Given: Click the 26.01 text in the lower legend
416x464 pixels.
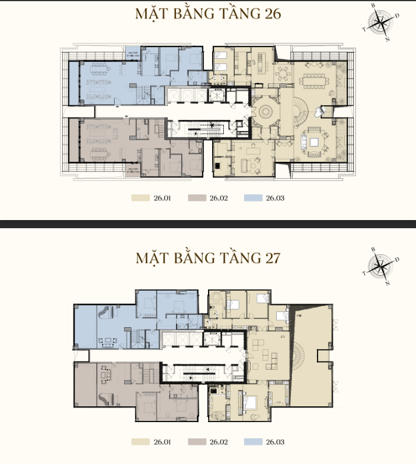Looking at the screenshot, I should [x=161, y=442].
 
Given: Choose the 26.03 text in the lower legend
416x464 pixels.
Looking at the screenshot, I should [x=275, y=442].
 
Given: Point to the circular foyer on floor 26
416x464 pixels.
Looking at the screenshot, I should [x=266, y=110].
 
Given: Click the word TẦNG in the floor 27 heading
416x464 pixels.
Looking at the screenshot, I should [x=233, y=258].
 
